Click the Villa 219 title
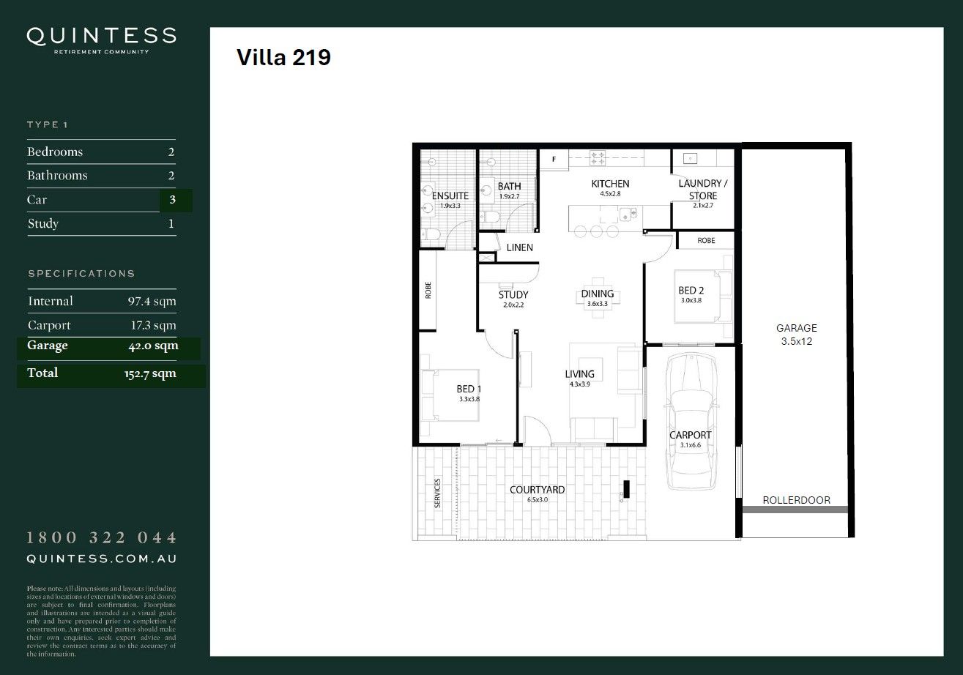pos(283,58)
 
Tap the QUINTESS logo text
pos(101,36)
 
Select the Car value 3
pos(171,200)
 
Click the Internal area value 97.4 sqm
pos(152,301)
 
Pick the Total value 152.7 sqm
pos(150,373)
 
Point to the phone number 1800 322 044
pos(101,538)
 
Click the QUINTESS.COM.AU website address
pos(101,559)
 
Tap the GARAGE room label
pos(796,329)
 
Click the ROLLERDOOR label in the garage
pos(796,500)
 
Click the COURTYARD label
pos(537,490)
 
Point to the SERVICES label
pos(437,493)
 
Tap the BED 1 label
pos(468,389)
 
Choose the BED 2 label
pos(691,291)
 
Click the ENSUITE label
pos(450,196)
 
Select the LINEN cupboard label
pos(519,247)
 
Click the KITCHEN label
pos(610,184)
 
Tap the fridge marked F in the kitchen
pos(554,158)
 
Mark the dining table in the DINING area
pos(598,294)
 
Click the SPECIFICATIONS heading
pos(81,274)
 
